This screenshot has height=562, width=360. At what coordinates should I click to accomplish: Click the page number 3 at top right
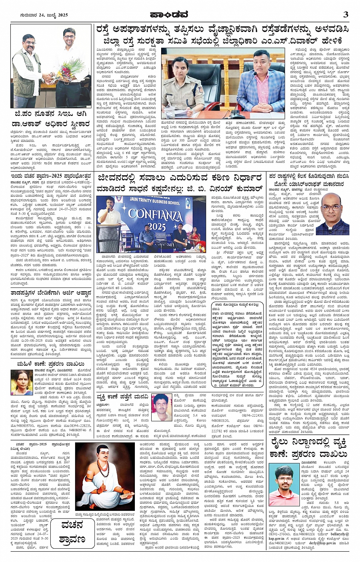(x=346, y=14)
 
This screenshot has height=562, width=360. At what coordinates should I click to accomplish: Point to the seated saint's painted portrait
(x=105, y=477)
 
